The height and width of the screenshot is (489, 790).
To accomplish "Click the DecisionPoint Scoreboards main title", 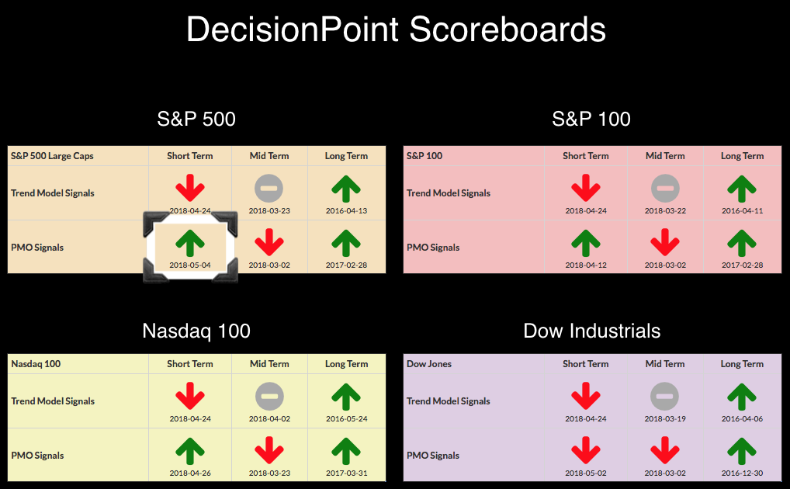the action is [x=396, y=29].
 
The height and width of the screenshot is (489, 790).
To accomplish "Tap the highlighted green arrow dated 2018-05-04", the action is [x=190, y=243].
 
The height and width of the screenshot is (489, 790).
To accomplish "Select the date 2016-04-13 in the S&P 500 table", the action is [x=346, y=210].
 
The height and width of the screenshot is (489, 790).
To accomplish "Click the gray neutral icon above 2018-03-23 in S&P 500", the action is [x=269, y=189].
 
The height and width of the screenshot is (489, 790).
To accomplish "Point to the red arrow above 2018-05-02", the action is [x=585, y=450].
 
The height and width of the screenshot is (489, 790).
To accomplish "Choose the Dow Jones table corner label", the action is [x=428, y=364].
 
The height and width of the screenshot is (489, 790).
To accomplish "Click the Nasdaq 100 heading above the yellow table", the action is [x=196, y=331].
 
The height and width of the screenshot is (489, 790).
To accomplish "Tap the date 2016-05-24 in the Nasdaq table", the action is [x=346, y=418].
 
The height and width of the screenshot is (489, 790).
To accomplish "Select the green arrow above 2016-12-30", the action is [x=742, y=451].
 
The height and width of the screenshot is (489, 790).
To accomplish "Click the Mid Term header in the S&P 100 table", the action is [x=665, y=156].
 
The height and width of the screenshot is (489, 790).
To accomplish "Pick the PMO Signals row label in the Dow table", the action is [x=433, y=455].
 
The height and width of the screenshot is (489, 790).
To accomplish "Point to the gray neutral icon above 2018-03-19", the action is [x=664, y=396].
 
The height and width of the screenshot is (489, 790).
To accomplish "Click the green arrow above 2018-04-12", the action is [x=585, y=243].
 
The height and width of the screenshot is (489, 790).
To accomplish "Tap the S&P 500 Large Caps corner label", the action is [x=53, y=156].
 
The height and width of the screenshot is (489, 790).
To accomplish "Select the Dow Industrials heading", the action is [x=591, y=331].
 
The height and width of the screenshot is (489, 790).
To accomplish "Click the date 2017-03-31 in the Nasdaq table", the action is [x=346, y=473].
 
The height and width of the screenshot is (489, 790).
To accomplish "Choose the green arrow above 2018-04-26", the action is [x=190, y=451].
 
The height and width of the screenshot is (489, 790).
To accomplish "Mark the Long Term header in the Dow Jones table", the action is [x=742, y=364].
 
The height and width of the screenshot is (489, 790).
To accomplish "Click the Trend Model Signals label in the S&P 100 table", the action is [x=449, y=193].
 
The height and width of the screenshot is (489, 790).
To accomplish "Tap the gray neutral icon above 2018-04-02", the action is [x=269, y=396].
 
